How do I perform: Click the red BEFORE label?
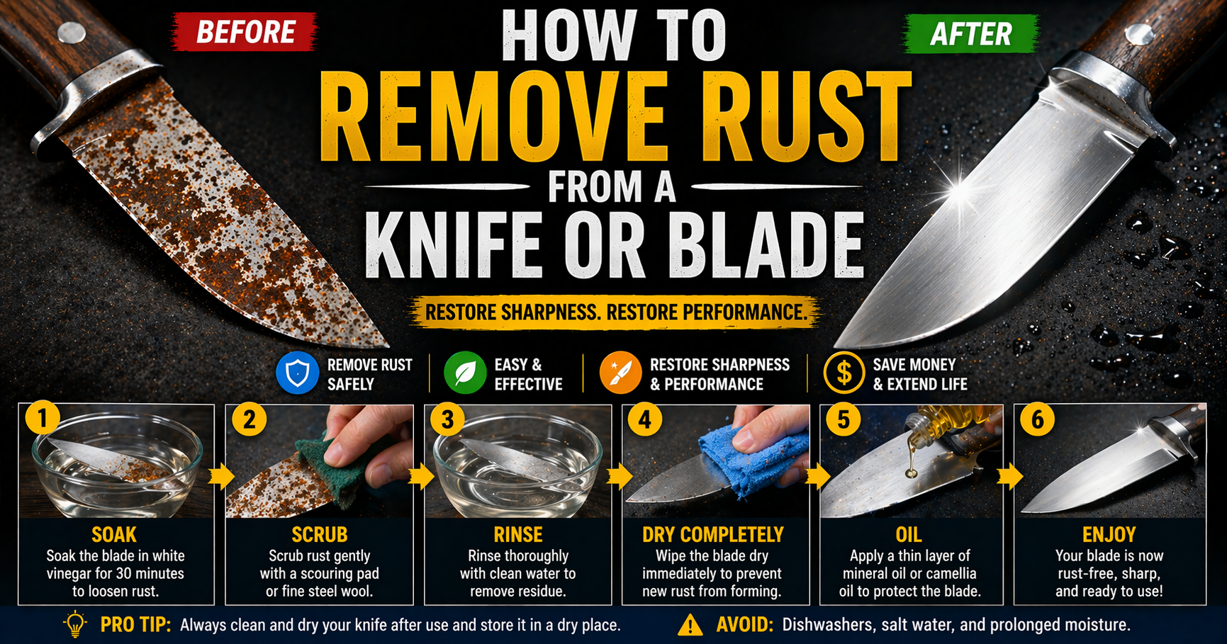pyautogui.click(x=245, y=32)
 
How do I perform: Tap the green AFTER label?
pyautogui.click(x=971, y=33)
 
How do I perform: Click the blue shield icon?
pyautogui.click(x=297, y=373)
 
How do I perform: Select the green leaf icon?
pyautogui.click(x=465, y=373)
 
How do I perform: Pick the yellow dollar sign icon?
pyautogui.click(x=844, y=373)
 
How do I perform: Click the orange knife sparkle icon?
pyautogui.click(x=620, y=373)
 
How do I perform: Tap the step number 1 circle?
pyautogui.click(x=43, y=418)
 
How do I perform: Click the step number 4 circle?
pyautogui.click(x=644, y=419)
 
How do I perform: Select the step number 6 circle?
pyautogui.click(x=1037, y=419)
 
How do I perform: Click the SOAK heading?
pyautogui.click(x=114, y=534)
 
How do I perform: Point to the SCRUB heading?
pyautogui.click(x=320, y=534)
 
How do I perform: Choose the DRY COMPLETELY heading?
pyautogui.click(x=713, y=534)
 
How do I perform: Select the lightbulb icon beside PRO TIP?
pyautogui.click(x=75, y=623)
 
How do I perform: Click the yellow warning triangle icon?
pyautogui.click(x=690, y=625)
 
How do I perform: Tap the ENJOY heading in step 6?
pyautogui.click(x=1109, y=534)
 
